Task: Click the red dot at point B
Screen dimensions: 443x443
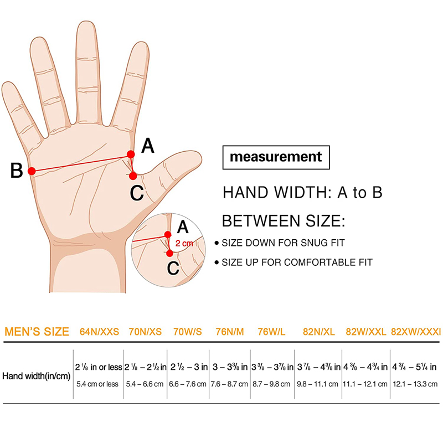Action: (x=32, y=171)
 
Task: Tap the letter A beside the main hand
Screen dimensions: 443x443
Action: (x=148, y=146)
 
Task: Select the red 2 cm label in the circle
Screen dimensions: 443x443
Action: (x=184, y=243)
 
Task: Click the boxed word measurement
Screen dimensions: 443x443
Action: (x=276, y=157)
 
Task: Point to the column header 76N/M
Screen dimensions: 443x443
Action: (x=230, y=332)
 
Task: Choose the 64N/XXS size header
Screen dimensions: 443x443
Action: (x=99, y=332)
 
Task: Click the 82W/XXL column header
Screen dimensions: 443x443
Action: (x=366, y=332)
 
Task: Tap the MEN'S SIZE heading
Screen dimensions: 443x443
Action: (x=37, y=331)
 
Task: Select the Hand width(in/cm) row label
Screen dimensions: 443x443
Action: (x=36, y=376)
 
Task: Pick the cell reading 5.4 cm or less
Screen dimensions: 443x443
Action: (x=97, y=384)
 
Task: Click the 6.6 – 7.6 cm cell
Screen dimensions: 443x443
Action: (x=188, y=384)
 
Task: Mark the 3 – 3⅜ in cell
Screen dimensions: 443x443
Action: (x=230, y=367)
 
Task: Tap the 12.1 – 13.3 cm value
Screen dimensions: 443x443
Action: (x=415, y=384)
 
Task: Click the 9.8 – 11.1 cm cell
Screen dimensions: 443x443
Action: (x=317, y=384)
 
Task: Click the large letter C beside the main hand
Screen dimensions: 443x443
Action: (x=137, y=193)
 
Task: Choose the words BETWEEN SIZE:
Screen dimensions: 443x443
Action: (x=284, y=221)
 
